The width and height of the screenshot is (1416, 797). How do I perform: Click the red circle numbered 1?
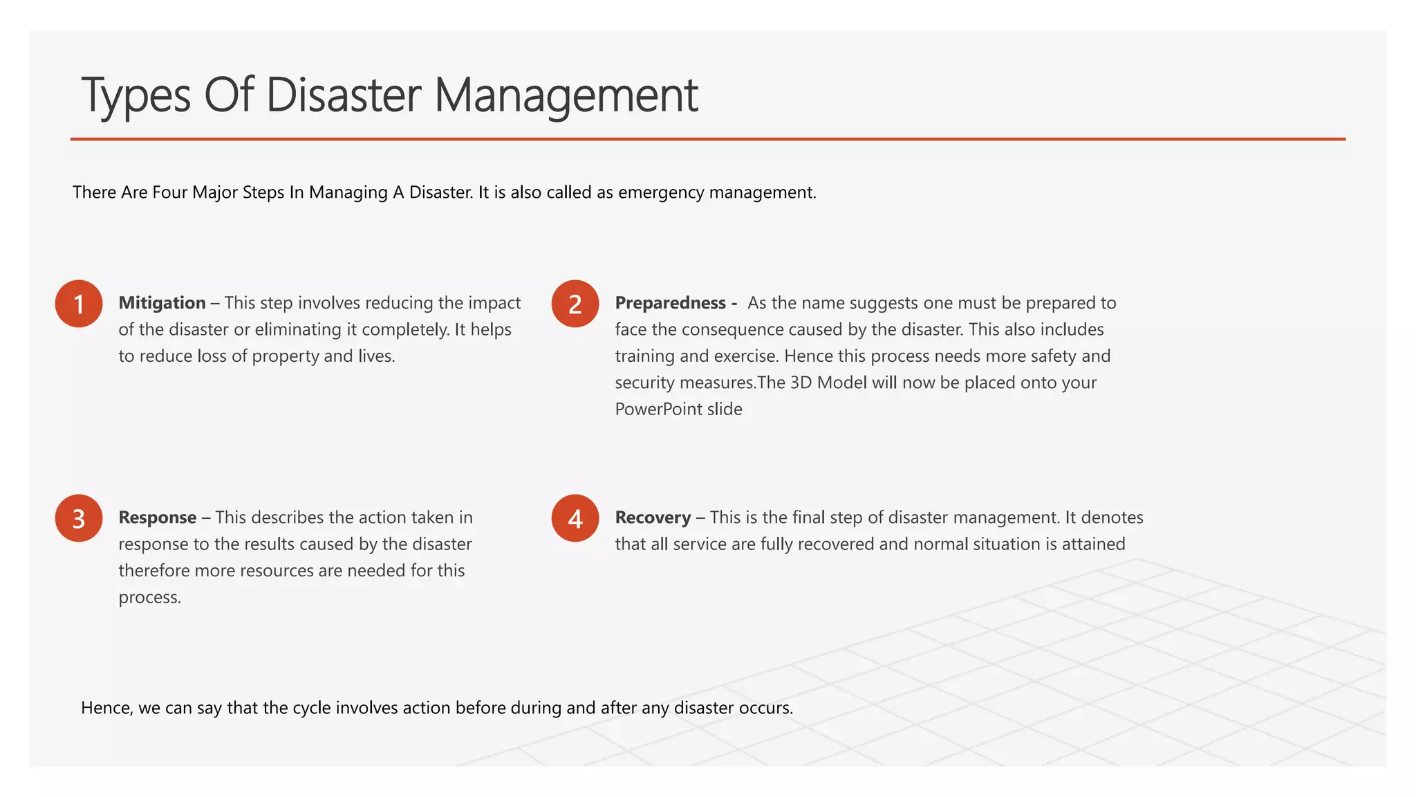[79, 304]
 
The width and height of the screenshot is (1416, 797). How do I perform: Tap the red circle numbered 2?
[575, 304]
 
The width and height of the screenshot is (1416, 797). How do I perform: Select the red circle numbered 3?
[79, 518]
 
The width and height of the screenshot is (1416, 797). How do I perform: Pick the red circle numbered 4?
[575, 518]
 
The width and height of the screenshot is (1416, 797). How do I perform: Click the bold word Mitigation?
[162, 303]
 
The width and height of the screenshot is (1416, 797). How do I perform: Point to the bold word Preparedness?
[670, 303]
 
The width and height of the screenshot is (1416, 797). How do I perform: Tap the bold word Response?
[158, 517]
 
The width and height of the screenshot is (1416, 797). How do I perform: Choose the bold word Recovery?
[653, 517]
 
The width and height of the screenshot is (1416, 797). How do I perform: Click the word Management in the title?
[566, 95]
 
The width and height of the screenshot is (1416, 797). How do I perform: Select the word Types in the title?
[136, 95]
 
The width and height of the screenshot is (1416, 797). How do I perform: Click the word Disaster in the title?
[343, 95]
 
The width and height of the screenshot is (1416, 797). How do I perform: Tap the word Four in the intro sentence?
[170, 192]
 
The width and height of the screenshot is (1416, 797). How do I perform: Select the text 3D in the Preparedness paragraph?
[800, 383]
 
